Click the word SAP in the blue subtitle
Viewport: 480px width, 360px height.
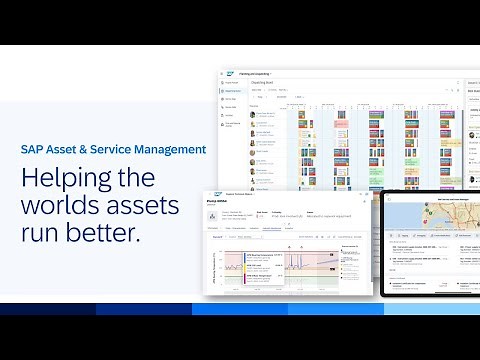pyautogui.click(x=33, y=149)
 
